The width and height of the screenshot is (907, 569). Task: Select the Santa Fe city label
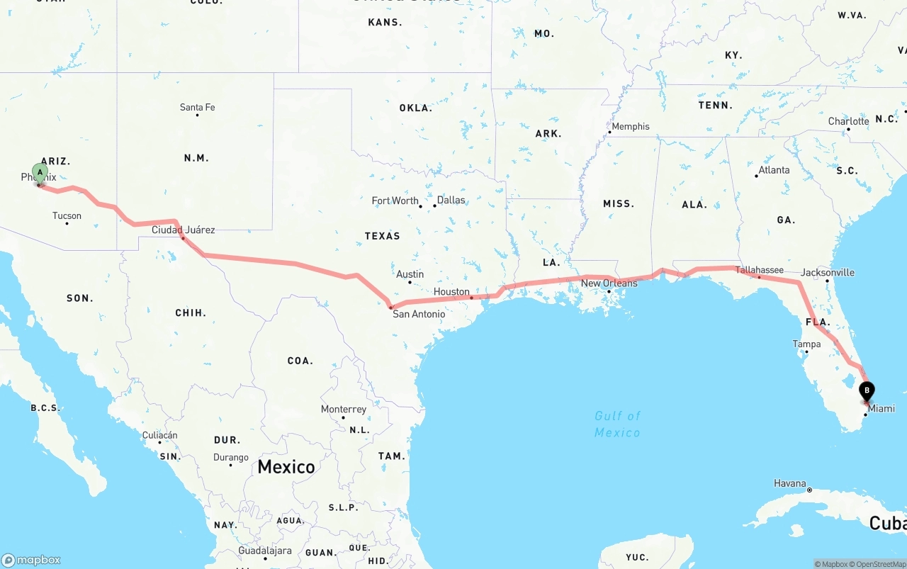click(x=197, y=108)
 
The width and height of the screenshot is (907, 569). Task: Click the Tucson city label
click(x=67, y=216)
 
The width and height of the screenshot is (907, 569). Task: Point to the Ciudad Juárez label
click(x=183, y=230)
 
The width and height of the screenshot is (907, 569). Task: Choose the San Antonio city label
click(x=419, y=314)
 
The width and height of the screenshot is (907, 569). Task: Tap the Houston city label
click(x=451, y=292)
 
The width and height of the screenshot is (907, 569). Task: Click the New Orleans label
click(x=609, y=283)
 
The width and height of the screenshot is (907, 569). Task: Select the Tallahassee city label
click(x=759, y=270)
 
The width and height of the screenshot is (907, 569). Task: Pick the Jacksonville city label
click(x=827, y=273)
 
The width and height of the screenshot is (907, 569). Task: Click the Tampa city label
click(x=806, y=344)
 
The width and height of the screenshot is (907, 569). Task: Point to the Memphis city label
click(x=630, y=127)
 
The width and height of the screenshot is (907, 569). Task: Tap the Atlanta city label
click(x=774, y=170)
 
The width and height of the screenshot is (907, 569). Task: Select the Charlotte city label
click(x=848, y=121)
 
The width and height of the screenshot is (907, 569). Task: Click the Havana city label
click(x=790, y=483)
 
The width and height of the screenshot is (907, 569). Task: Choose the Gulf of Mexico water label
click(x=617, y=424)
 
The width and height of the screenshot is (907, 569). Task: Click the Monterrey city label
click(x=344, y=410)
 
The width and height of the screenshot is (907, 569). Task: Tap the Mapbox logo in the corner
click(x=31, y=560)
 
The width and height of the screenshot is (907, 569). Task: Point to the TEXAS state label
click(x=383, y=236)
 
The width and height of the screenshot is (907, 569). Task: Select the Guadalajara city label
click(x=265, y=551)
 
